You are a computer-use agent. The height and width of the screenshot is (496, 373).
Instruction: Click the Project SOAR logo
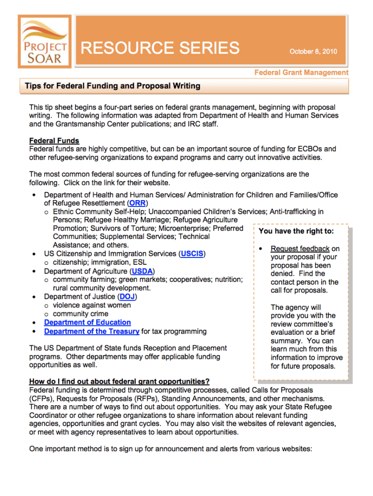click(44, 41)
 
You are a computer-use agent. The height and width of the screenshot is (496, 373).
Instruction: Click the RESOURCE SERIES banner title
click(160, 48)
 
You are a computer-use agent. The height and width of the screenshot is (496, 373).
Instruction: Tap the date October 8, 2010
click(313, 51)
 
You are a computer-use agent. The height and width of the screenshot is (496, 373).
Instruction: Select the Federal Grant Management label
click(302, 72)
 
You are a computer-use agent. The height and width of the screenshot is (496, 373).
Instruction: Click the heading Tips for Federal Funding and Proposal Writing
click(113, 86)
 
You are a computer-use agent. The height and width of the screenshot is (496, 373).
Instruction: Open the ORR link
click(137, 203)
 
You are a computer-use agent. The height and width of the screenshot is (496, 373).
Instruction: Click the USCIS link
click(193, 254)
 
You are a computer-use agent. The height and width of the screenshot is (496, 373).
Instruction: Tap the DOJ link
click(127, 296)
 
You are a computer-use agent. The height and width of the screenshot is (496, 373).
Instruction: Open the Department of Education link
click(87, 322)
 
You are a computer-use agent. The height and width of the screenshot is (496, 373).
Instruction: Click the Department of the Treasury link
click(92, 331)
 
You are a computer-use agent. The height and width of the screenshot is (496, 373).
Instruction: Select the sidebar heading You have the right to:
click(296, 231)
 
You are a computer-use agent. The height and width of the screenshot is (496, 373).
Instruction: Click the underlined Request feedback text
click(300, 249)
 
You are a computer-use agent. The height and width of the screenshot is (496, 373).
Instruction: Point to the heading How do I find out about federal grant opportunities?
click(119, 381)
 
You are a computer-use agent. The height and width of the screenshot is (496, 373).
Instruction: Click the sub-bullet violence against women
click(92, 305)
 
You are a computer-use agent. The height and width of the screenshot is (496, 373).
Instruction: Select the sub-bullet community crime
click(81, 314)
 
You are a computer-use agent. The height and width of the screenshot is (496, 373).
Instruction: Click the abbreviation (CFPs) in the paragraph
click(42, 398)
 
